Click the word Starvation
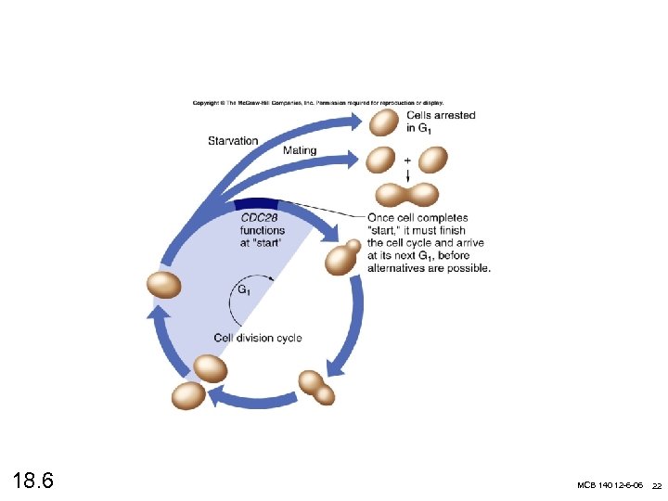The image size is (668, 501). pos(233,141)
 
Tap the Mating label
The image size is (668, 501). pos(300,150)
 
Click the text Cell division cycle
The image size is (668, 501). pos(258,338)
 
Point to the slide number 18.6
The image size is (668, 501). pos(33,482)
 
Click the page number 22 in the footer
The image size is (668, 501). pos(656,486)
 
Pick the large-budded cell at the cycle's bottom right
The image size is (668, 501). pos(315,386)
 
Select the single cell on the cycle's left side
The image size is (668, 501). pos(165,285)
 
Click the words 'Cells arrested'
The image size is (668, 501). pos(442,116)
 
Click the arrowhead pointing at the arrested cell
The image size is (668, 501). pos(356,117)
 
